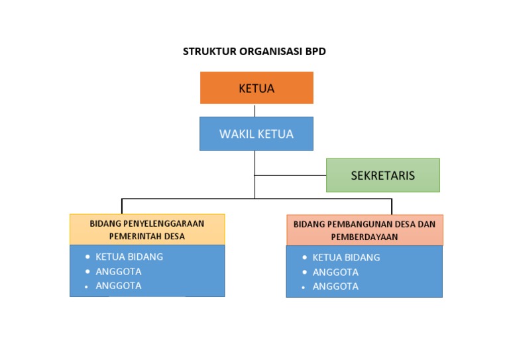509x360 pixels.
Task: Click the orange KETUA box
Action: pos(256,88)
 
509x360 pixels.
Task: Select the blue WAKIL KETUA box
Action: pos(256,134)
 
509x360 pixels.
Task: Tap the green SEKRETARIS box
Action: pos(382,176)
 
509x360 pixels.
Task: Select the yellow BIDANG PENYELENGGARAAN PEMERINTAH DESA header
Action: pos(147,229)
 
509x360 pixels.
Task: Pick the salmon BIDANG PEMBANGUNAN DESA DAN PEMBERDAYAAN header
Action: pos(365,230)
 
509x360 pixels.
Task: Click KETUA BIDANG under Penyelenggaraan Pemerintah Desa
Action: pos(129,257)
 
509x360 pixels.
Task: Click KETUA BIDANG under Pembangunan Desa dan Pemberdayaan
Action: pos(346,257)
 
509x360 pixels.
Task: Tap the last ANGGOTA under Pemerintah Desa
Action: pos(119,286)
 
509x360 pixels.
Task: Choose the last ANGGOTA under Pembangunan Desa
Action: pos(335,286)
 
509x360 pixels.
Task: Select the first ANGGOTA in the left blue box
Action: pos(119,271)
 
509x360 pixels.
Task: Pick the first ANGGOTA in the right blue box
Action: pos(335,272)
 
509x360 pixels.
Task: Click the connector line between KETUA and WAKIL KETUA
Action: pos(255,110)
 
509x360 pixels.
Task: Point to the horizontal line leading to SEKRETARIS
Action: pos(290,175)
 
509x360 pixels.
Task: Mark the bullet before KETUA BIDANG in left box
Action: pos(87,257)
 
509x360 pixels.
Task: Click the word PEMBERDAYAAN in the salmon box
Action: pos(365,237)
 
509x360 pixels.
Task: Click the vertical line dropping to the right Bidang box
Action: pos(392,206)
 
